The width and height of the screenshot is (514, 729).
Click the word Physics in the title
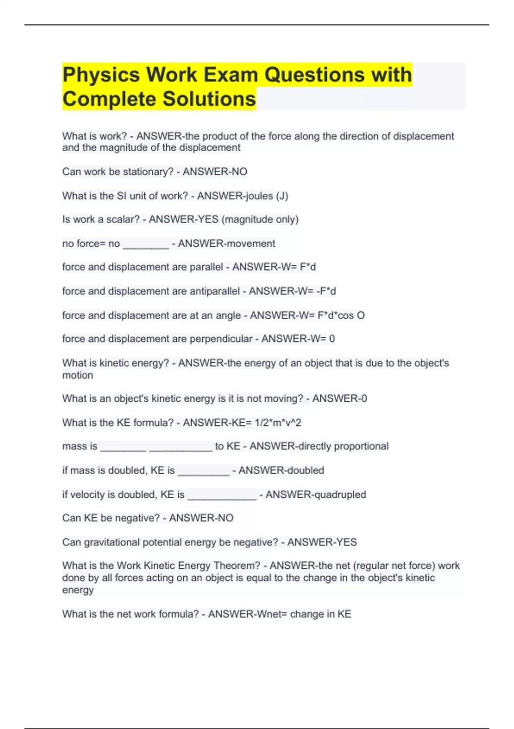point(101,75)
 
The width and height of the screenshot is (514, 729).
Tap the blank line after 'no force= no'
point(146,244)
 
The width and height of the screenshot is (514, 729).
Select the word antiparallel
point(215,291)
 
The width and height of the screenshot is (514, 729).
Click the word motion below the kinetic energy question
point(78,375)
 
